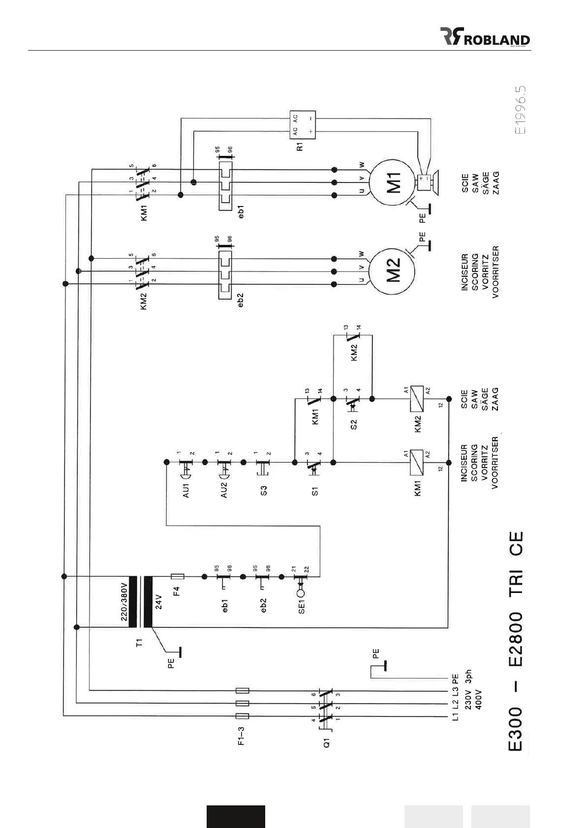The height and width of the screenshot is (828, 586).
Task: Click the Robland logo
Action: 485,37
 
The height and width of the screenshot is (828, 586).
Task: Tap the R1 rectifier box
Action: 302,123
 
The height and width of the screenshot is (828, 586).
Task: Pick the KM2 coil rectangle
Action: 417,398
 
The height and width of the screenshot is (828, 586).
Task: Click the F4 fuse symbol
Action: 177,576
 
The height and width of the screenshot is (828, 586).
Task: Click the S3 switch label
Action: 264,490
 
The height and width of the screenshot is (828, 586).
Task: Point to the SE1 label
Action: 302,605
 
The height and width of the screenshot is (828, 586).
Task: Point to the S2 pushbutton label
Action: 354,424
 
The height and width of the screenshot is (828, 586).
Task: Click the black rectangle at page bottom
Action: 236,817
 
